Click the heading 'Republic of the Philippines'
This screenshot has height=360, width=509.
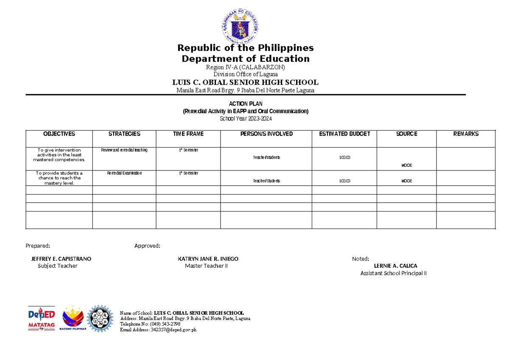tap(246, 47)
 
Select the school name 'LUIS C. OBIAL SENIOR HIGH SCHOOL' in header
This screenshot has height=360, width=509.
tap(246, 82)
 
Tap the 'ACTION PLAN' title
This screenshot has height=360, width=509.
tap(246, 104)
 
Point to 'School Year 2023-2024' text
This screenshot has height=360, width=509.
tap(246, 119)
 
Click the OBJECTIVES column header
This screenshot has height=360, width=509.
tap(59, 134)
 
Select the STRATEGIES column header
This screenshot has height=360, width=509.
tap(124, 134)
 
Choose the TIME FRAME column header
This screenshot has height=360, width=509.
tap(188, 134)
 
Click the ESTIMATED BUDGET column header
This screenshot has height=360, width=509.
tap(344, 134)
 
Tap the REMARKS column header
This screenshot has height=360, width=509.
tap(466, 134)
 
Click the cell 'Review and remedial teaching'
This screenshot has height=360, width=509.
tap(124, 151)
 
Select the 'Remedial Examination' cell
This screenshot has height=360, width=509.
tap(124, 173)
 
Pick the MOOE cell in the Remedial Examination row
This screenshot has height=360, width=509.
tap(406, 181)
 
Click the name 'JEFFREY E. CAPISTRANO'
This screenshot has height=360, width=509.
tap(61, 259)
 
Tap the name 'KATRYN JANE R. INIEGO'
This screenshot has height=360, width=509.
tap(208, 259)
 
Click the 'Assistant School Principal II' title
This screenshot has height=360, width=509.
tap(393, 273)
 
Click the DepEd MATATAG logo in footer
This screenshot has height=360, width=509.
tap(42, 318)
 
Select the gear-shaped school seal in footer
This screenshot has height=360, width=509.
tap(101, 318)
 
